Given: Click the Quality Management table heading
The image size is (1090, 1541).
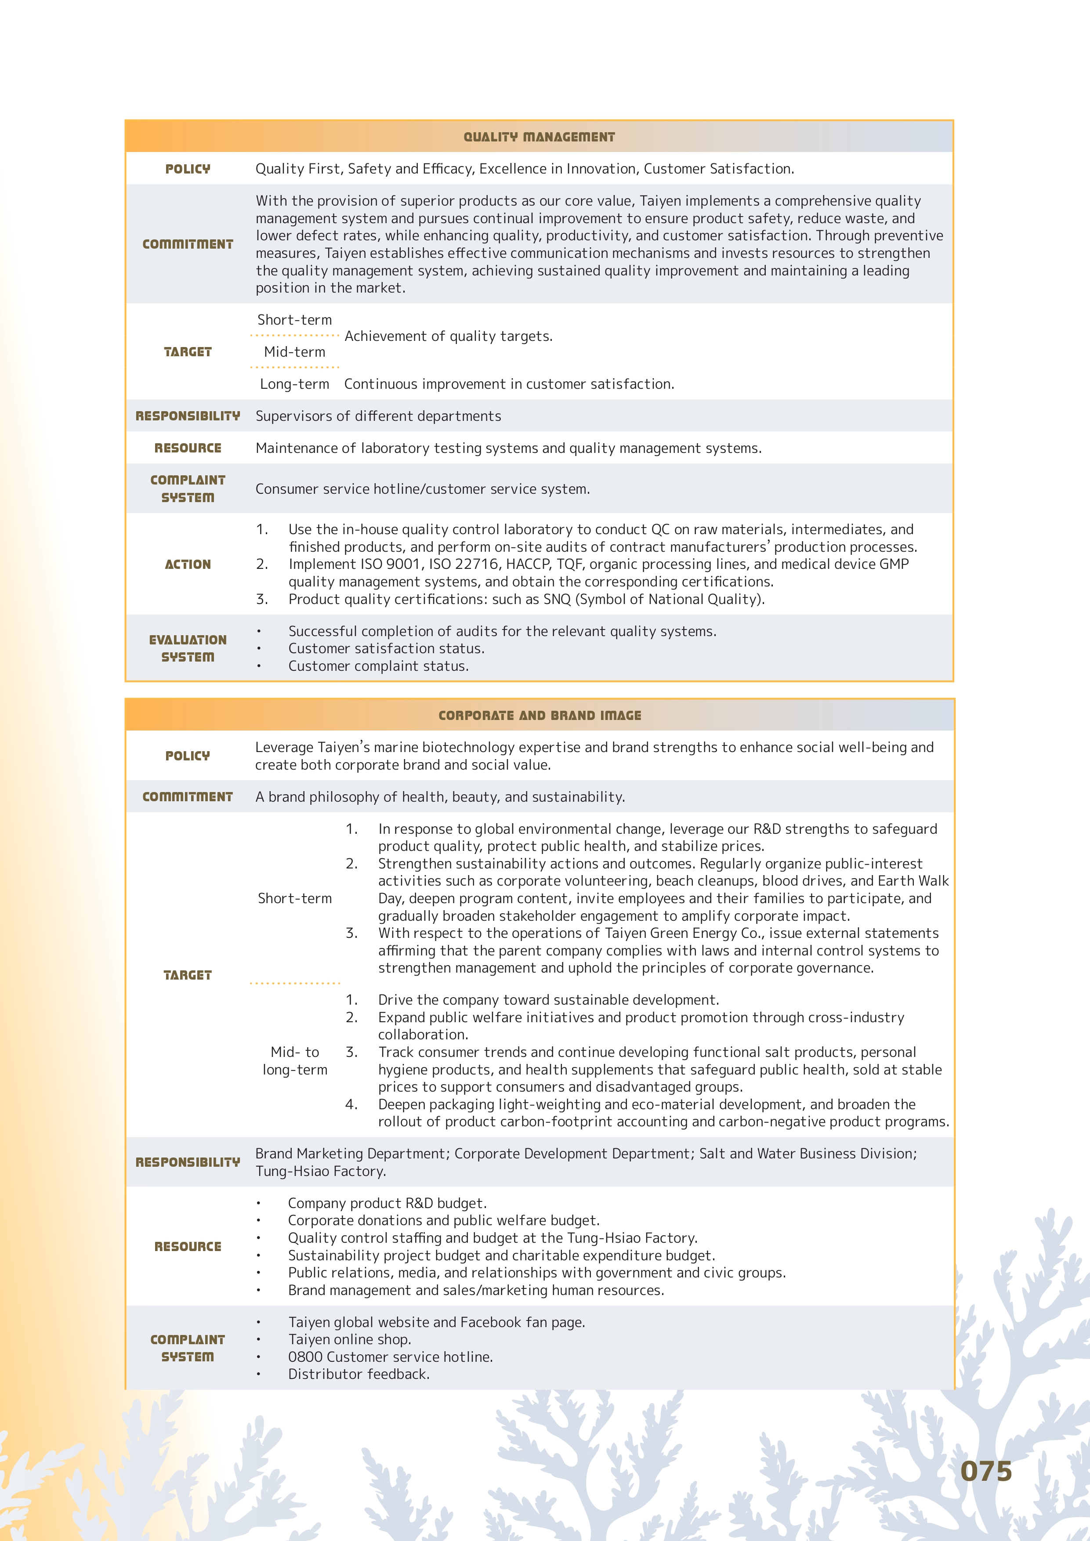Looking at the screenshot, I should pos(539,137).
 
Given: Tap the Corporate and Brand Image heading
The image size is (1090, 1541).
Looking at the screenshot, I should pos(540,716).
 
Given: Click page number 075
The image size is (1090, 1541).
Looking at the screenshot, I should pos(985,1471).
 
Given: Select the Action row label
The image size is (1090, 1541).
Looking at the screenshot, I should pos(188,564).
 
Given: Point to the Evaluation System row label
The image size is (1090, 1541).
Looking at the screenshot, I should pos(188,648).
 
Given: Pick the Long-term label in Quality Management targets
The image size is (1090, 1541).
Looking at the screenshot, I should pos(295,384).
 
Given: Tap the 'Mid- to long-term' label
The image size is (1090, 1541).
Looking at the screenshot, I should pos(295,1060).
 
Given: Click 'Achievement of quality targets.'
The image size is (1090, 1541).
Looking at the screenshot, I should pos(449,336).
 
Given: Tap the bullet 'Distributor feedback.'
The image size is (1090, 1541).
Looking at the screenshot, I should pos(359,1374).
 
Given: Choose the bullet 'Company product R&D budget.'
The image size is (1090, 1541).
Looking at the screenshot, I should pos(387,1203).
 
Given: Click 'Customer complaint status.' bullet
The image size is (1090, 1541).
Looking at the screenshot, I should pos(379,666).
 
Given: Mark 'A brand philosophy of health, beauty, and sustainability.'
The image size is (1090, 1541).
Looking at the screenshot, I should pos(440,797).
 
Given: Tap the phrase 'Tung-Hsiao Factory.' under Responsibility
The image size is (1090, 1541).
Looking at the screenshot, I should pos(321,1171).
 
